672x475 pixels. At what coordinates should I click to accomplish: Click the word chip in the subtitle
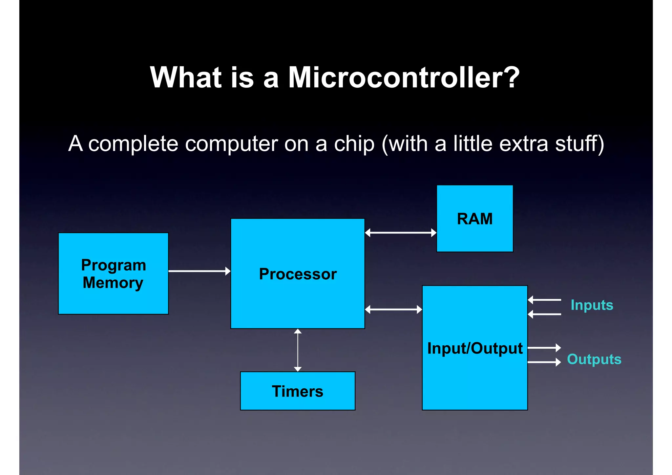354,144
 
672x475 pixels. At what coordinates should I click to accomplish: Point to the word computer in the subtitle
231,144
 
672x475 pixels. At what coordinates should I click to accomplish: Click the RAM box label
474,219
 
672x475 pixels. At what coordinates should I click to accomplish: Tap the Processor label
298,274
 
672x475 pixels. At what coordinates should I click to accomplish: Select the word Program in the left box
114,265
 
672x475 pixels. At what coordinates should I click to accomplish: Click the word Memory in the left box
113,283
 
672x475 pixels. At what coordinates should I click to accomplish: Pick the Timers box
298,391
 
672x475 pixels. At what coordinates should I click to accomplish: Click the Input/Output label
474,348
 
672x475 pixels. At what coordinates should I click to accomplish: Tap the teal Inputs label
592,305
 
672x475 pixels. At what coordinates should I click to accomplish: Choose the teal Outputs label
594,359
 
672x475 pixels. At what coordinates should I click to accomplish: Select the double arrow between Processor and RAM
400,233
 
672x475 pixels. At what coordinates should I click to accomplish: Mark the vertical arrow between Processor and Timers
298,350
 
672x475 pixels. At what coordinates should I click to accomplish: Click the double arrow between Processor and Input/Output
393,309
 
